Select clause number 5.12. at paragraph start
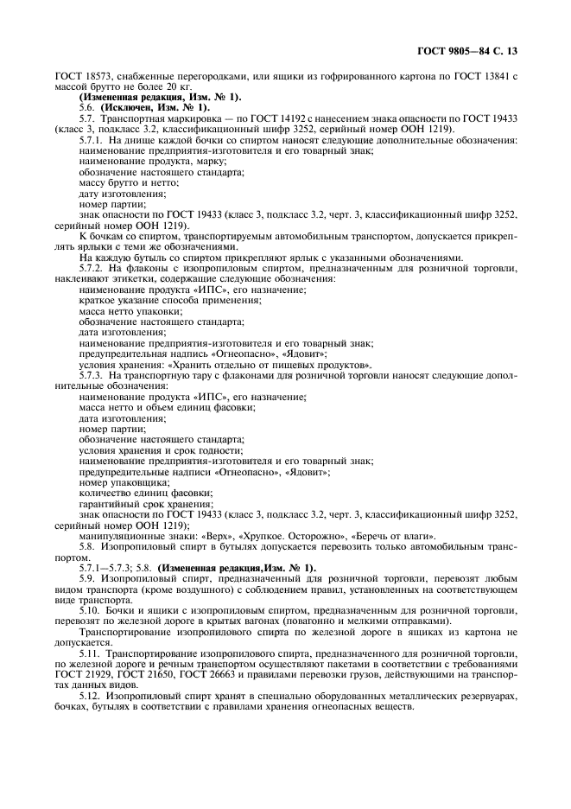[90, 694]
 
